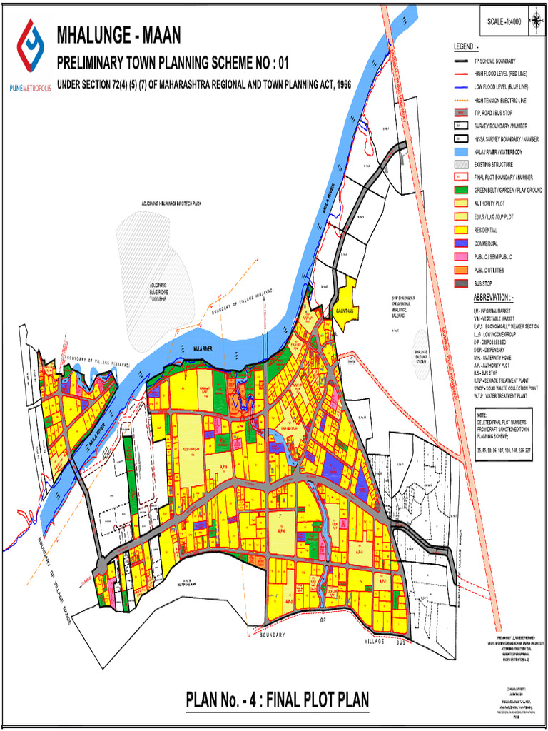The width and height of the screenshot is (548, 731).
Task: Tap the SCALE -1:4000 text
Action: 504,22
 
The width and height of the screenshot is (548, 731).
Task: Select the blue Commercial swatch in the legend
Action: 459,243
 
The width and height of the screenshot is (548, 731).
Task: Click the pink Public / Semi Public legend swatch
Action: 459,256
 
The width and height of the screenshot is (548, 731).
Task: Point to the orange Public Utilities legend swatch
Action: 459,270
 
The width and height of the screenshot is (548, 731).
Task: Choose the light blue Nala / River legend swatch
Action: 459,151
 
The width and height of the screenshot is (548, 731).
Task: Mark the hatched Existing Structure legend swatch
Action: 459,164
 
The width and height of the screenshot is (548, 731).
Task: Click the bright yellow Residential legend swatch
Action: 459,230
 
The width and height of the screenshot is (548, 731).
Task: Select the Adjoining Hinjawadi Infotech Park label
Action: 172,203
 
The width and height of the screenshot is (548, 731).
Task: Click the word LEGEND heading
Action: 465,46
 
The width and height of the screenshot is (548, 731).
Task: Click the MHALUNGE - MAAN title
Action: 118,34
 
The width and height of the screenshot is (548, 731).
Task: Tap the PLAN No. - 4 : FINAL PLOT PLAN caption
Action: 278,700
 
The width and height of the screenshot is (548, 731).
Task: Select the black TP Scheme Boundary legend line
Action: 459,61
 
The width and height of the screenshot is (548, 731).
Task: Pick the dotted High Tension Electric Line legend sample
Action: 459,100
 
